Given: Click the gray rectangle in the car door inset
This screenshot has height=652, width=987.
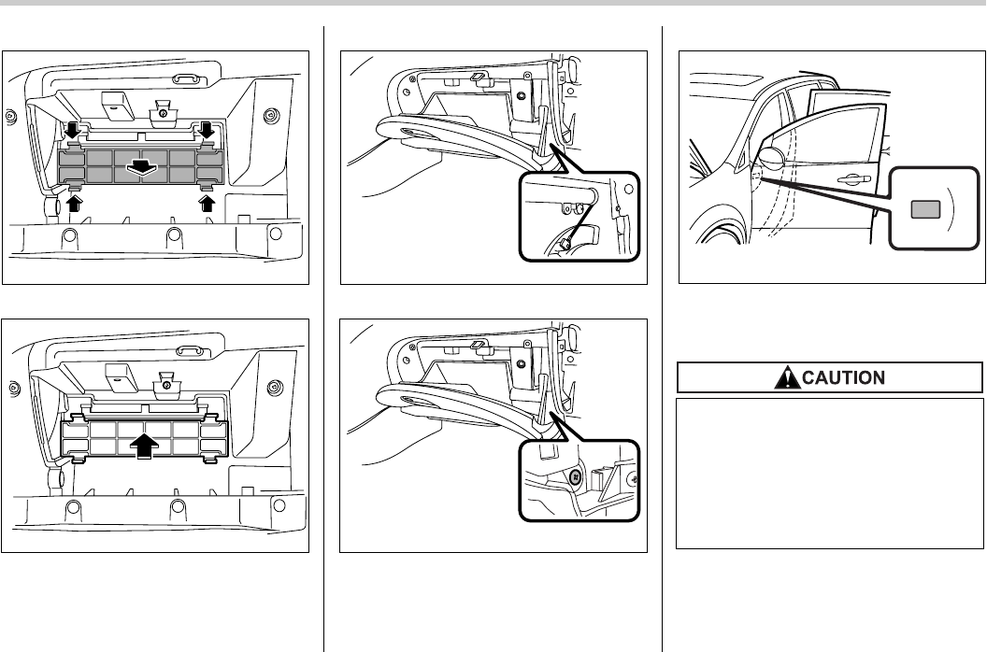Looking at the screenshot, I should (x=926, y=209).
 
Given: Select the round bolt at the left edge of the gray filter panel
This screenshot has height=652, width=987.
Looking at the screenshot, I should (x=10, y=117).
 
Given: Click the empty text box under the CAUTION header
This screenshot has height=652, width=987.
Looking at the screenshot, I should (x=830, y=473).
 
